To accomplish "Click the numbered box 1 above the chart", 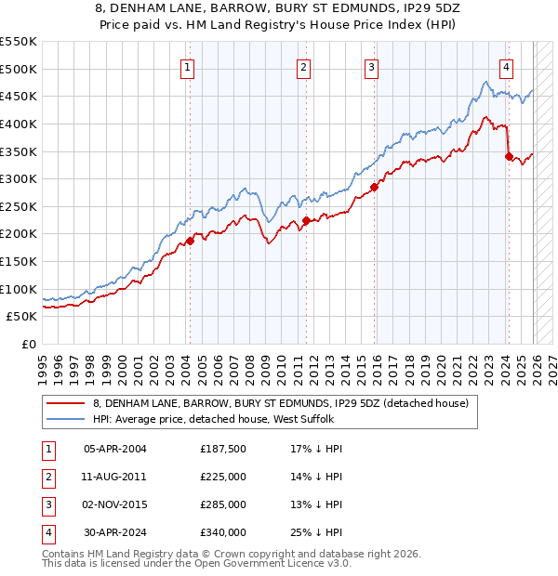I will (188, 66).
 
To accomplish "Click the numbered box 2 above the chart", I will (304, 66).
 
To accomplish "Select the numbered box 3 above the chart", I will (371, 66).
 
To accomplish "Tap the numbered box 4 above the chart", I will (506, 66).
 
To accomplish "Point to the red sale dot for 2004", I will (190, 241).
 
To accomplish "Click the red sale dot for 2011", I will (306, 220).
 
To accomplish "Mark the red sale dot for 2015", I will (375, 187).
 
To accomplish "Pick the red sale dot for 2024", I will (509, 157).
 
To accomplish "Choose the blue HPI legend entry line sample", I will (66, 420).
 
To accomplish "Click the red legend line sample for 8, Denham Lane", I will (66, 403).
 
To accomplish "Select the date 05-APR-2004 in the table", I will (115, 449).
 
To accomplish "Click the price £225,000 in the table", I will (223, 477).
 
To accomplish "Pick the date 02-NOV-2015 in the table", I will (115, 504).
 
